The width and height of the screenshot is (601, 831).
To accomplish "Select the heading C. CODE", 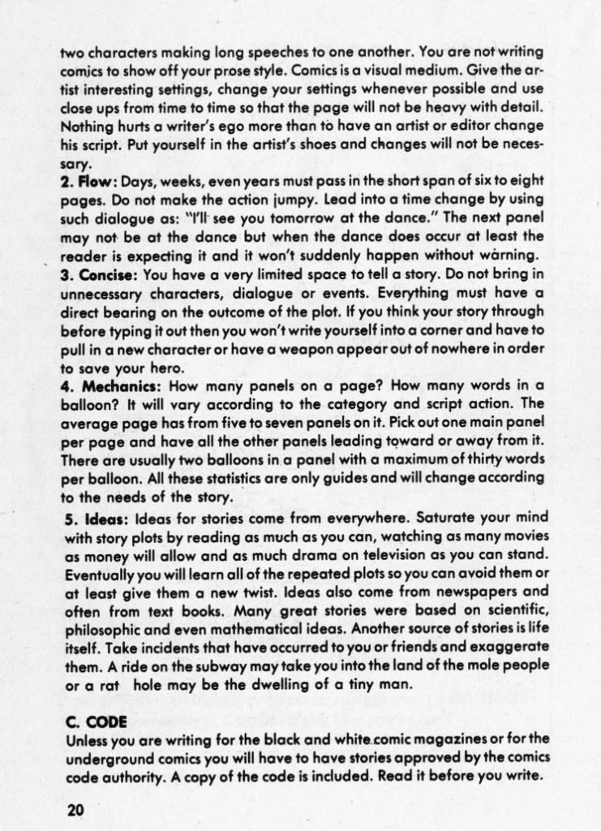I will click(91, 721).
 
